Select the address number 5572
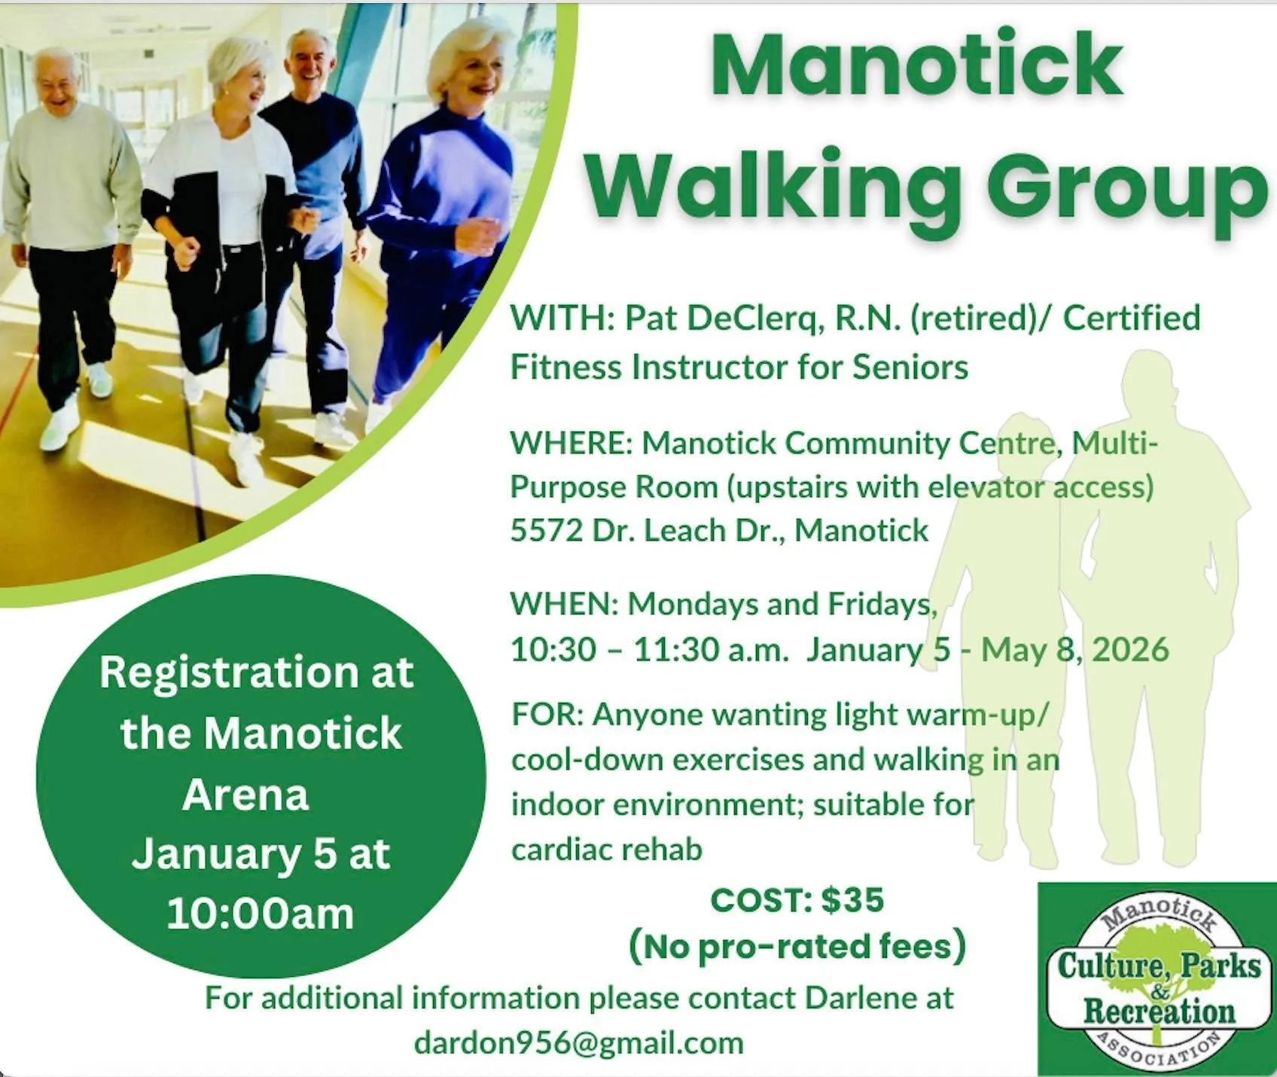pyautogui.click(x=547, y=531)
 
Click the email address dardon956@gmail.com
pyautogui.click(x=578, y=1043)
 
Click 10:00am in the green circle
pyautogui.click(x=260, y=914)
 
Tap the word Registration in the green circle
pyautogui.click(x=228, y=672)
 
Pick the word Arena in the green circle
pyautogui.click(x=245, y=795)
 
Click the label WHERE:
pyautogui.click(x=571, y=443)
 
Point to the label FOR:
pyautogui.click(x=547, y=714)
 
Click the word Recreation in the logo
pyautogui.click(x=1159, y=1011)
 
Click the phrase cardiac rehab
pyautogui.click(x=607, y=850)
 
